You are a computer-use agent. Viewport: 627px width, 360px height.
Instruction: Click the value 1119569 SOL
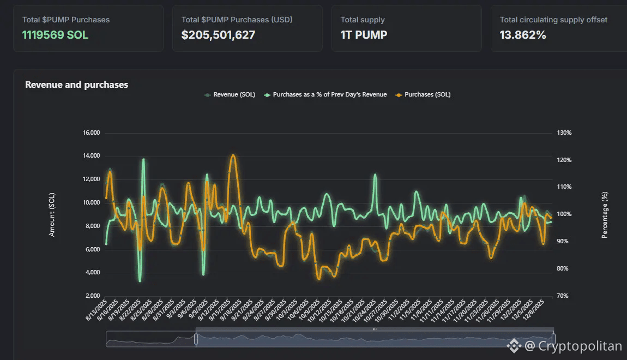[55, 35]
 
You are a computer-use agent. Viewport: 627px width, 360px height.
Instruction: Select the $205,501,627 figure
[218, 35]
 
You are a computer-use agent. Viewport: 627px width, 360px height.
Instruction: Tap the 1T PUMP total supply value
[364, 35]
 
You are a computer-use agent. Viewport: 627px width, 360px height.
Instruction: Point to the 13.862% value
[522, 35]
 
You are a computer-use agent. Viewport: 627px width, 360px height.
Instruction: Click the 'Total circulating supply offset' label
[553, 20]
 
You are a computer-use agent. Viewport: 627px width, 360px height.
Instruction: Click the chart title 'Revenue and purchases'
[76, 85]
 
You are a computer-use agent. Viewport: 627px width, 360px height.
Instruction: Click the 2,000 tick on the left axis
[92, 296]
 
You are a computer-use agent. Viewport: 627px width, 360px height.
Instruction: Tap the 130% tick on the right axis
[564, 133]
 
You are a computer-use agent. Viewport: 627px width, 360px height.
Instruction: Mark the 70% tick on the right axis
[563, 296]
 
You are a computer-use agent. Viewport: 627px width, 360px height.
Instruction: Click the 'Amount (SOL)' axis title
[52, 214]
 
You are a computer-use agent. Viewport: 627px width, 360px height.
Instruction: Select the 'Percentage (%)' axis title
[604, 214]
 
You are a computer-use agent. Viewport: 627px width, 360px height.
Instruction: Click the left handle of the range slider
[196, 339]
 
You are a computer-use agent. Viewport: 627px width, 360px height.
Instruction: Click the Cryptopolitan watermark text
[580, 346]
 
